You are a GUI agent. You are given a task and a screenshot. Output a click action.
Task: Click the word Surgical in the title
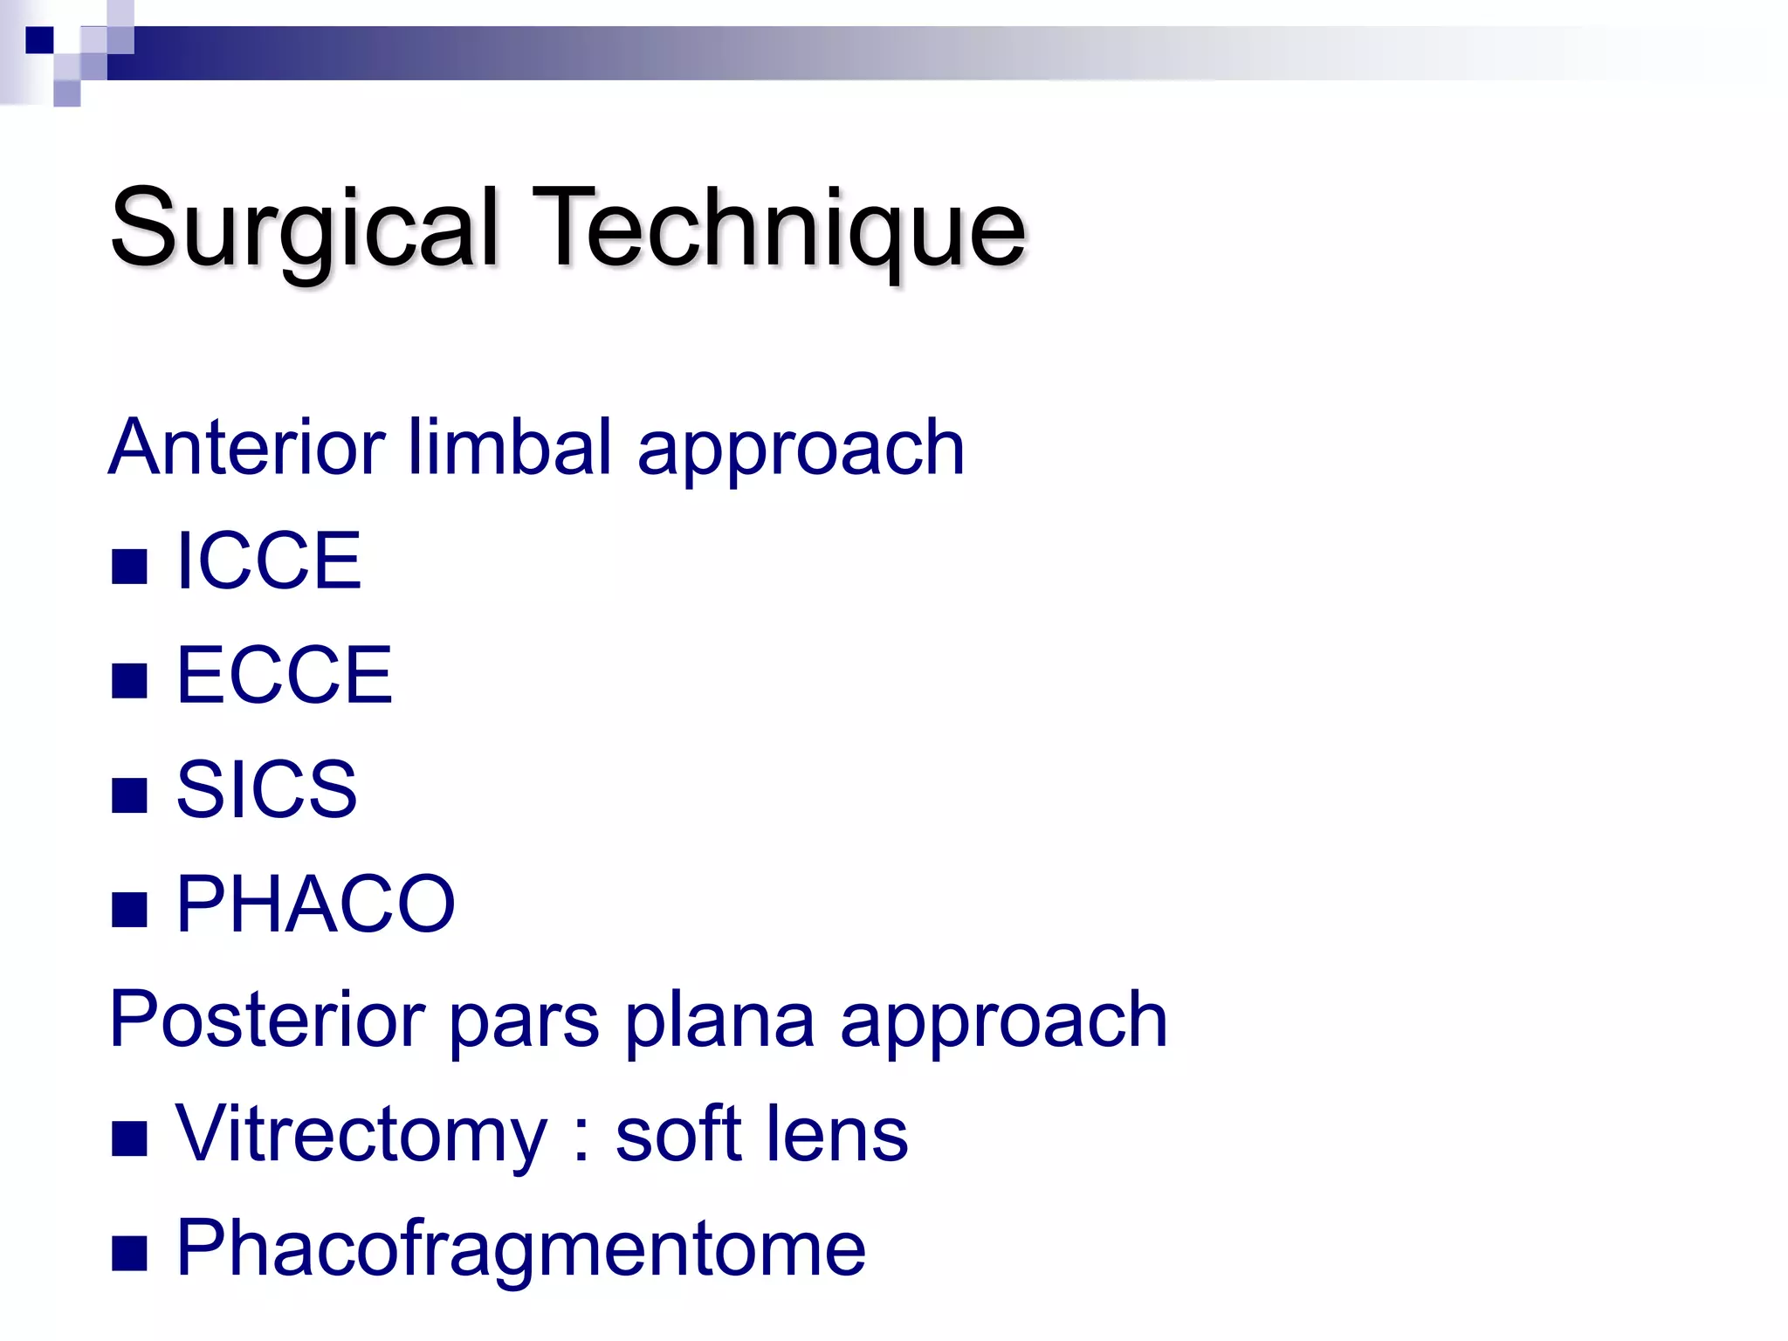pyautogui.click(x=304, y=229)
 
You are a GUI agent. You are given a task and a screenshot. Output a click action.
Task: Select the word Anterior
pyautogui.click(x=247, y=447)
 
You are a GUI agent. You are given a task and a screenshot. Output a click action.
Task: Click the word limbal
pyautogui.click(x=510, y=447)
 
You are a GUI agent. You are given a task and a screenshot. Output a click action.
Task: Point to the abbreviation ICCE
pyautogui.click(x=268, y=561)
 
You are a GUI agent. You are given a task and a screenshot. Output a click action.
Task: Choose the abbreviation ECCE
pyautogui.click(x=284, y=675)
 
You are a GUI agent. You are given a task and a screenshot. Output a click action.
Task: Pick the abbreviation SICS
pyautogui.click(x=266, y=789)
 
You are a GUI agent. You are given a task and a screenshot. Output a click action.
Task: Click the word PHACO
pyautogui.click(x=315, y=904)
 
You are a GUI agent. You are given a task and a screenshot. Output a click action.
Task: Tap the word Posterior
pyautogui.click(x=267, y=1019)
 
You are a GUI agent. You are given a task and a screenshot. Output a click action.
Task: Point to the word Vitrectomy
pyautogui.click(x=361, y=1134)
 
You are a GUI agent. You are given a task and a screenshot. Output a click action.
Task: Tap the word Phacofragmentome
pyautogui.click(x=520, y=1249)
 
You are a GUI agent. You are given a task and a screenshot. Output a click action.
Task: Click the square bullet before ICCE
pyautogui.click(x=129, y=567)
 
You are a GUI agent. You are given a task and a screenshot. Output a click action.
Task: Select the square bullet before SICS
pyautogui.click(x=129, y=795)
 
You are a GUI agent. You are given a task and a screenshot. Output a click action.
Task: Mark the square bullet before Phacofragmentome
pyautogui.click(x=129, y=1255)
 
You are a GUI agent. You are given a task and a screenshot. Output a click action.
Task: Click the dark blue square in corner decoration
pyautogui.click(x=39, y=40)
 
